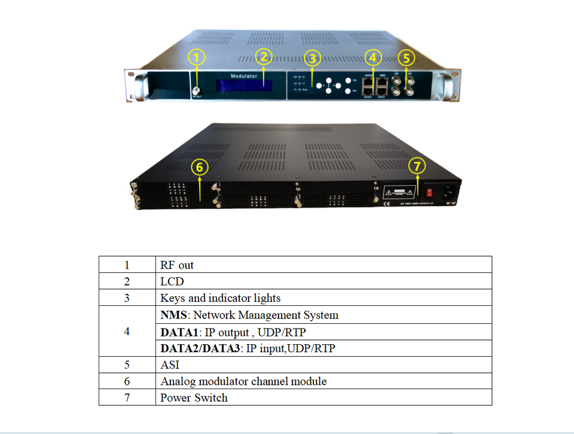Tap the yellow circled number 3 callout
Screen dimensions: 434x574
click(x=312, y=58)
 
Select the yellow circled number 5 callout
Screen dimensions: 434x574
click(x=407, y=58)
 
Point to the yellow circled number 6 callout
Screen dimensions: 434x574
click(x=200, y=167)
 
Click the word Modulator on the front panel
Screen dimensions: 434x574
click(x=244, y=76)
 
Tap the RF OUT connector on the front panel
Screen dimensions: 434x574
click(x=196, y=92)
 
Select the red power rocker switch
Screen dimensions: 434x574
click(x=428, y=193)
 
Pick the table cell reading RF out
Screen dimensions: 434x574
click(x=177, y=265)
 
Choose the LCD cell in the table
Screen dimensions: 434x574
click(x=172, y=281)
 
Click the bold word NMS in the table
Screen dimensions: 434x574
click(x=173, y=315)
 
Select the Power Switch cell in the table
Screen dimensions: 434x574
click(x=194, y=397)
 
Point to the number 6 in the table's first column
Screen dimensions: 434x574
click(x=127, y=381)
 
